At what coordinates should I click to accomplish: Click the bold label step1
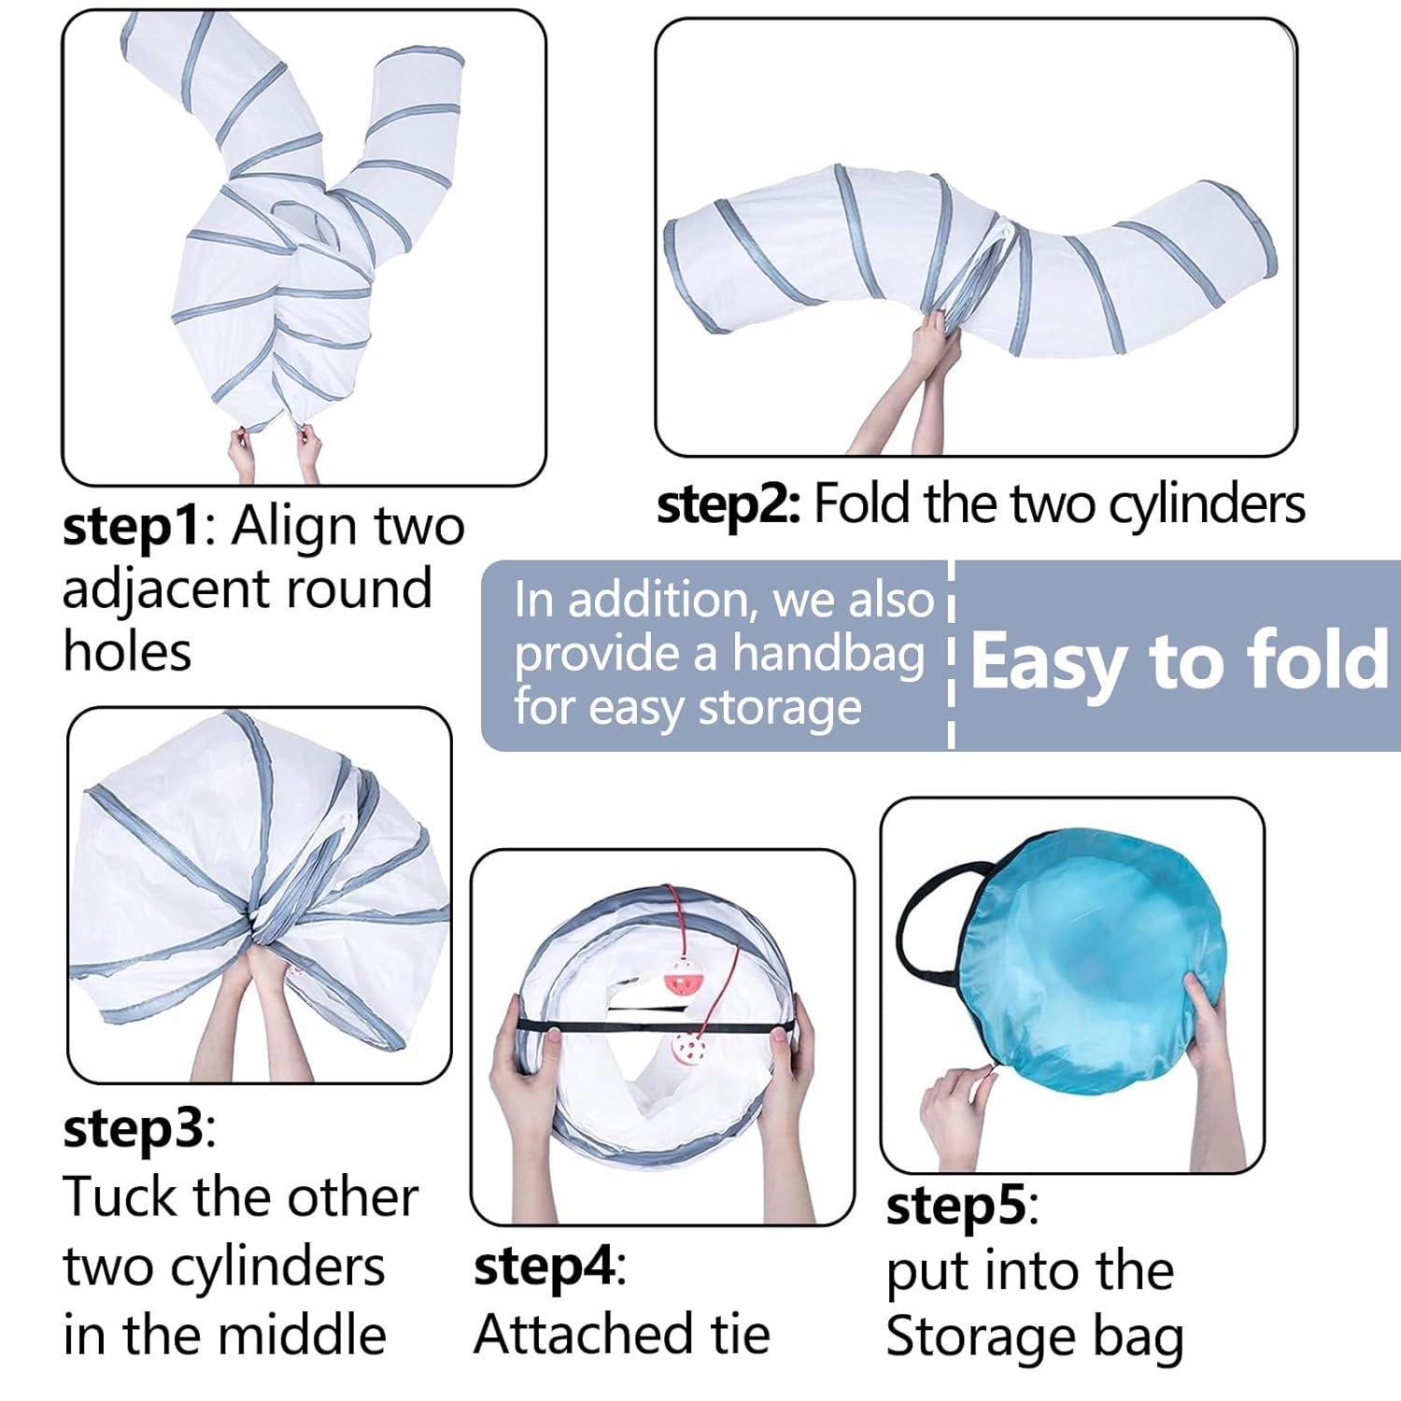[132, 527]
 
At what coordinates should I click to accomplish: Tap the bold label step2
[729, 505]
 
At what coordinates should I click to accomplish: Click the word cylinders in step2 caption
[1207, 506]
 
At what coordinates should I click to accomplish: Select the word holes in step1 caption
[127, 651]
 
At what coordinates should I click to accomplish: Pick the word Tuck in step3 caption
[120, 1196]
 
